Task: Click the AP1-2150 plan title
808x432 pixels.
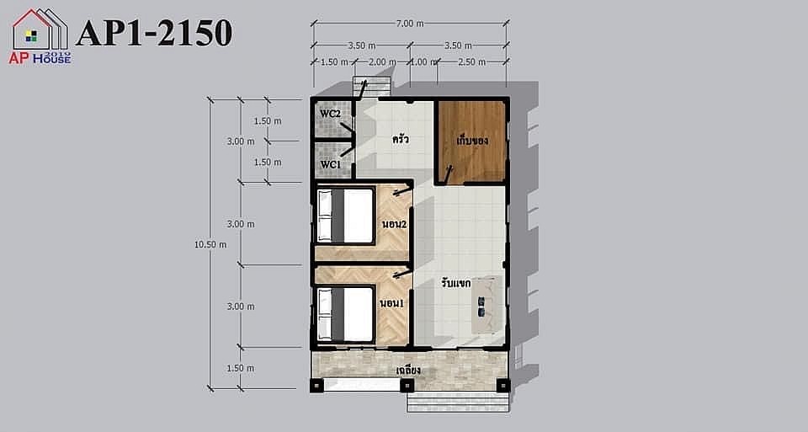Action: tap(154, 33)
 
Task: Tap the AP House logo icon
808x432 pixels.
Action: tap(40, 36)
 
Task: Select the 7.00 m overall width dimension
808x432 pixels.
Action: tap(410, 24)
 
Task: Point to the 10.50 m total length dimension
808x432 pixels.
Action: tap(210, 245)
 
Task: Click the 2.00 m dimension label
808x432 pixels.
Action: tap(382, 61)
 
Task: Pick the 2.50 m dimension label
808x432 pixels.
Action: tap(471, 61)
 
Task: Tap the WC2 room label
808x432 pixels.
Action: tap(330, 114)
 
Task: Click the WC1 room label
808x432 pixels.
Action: tap(330, 165)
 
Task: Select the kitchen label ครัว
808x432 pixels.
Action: tap(401, 139)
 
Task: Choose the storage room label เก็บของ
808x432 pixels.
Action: tap(472, 141)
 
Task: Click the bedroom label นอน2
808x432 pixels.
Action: tap(394, 225)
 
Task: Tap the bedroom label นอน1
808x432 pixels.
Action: tap(391, 304)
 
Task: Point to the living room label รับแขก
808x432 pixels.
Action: tap(456, 283)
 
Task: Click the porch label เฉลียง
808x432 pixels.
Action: tap(409, 371)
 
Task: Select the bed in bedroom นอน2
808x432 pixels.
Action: tap(345, 216)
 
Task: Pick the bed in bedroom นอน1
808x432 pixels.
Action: tap(345, 314)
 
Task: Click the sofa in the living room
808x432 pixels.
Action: tap(487, 305)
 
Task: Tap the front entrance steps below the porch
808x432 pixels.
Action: tap(458, 402)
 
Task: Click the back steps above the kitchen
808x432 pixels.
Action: tap(371, 87)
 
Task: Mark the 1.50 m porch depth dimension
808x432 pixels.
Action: tap(240, 368)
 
